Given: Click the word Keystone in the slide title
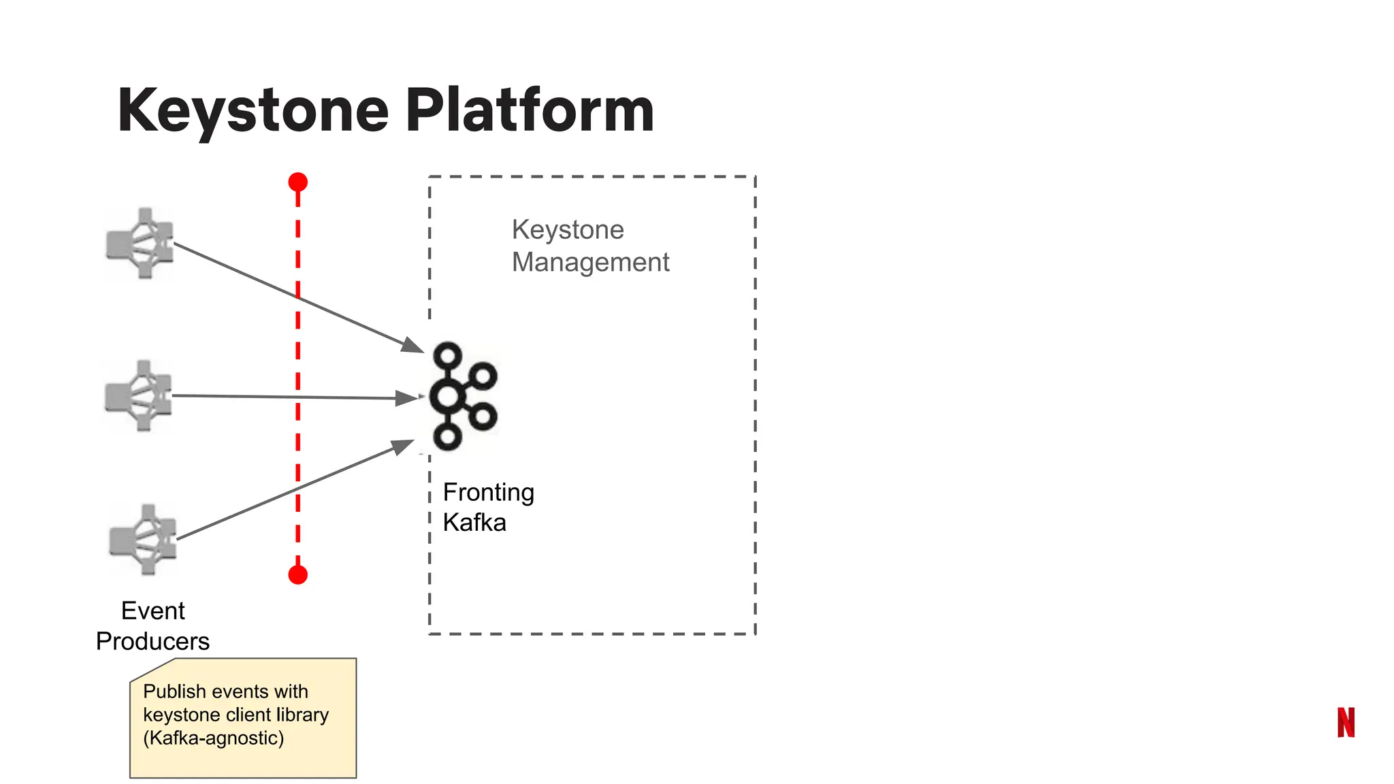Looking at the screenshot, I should [253, 111].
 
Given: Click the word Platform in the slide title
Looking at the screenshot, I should [530, 111].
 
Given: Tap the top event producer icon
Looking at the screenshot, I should [140, 244].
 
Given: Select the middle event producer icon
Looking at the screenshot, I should [139, 396].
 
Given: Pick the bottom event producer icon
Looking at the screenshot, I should [144, 540].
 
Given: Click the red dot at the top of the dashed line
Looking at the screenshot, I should [297, 182].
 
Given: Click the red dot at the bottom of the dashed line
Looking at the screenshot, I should [297, 575].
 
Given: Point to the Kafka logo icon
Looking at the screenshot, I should [463, 396].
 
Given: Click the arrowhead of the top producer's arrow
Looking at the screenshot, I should [412, 345].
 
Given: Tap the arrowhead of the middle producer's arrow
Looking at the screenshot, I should [407, 398].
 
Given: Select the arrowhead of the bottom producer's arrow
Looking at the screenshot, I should [403, 446].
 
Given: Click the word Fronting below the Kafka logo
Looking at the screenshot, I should [488, 492].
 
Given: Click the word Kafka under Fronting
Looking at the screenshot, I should [474, 523].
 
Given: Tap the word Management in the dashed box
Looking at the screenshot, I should [590, 262].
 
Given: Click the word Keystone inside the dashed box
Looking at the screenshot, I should [568, 230].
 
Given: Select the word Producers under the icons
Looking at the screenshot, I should [152, 641].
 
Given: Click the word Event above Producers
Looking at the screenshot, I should [152, 610].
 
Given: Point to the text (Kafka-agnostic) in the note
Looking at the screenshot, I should [213, 738].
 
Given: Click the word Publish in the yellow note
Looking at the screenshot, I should [174, 691].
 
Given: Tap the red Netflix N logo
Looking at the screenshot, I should [1346, 722].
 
